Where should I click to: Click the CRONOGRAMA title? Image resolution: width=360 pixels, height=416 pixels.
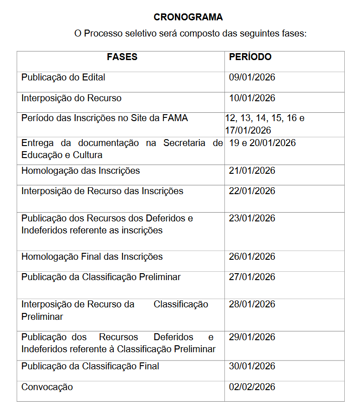point(188,18)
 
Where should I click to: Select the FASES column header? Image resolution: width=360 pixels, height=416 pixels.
point(122,57)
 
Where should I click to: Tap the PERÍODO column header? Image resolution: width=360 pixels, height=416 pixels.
point(250,57)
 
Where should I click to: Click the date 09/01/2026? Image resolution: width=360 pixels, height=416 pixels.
point(252,77)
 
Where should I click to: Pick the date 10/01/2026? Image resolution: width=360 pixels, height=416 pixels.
point(252,98)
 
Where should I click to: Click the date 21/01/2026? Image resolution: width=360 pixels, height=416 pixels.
point(252,171)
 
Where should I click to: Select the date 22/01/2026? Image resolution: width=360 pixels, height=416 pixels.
point(252,191)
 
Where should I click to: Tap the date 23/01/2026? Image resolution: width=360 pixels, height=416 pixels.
point(252,218)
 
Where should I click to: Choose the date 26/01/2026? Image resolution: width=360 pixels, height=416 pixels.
point(252,257)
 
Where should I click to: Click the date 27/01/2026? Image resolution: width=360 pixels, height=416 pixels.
point(252,277)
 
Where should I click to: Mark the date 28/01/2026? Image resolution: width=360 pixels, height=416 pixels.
point(252,304)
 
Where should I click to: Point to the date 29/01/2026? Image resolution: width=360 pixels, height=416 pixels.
point(252,337)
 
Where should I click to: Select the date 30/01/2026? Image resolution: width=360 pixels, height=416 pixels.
point(252,367)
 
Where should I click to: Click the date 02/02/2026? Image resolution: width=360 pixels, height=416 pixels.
point(252,387)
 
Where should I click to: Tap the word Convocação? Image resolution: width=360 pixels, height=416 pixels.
point(47,387)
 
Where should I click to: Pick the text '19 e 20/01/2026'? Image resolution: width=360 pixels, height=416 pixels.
point(262,143)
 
